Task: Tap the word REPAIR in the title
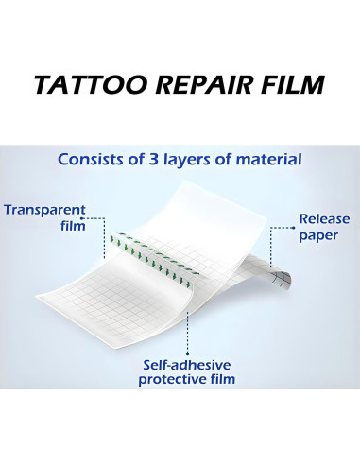[194, 85]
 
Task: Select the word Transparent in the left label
[44, 210]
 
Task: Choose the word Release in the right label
[324, 218]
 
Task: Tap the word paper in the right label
[318, 235]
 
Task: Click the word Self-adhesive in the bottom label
[186, 365]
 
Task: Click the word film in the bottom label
[222, 380]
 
